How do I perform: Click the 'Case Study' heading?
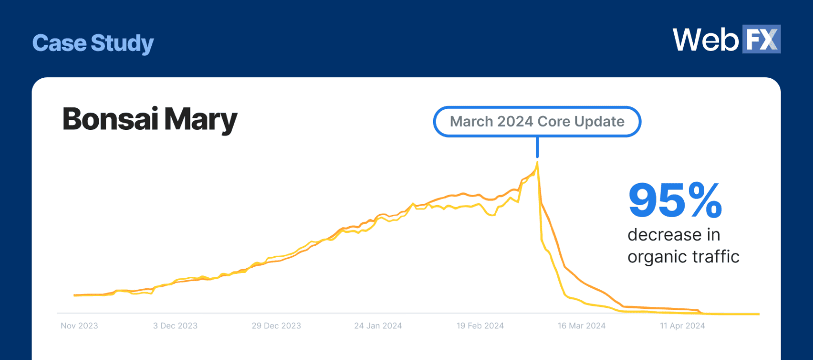[93, 43]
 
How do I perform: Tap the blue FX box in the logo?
[761, 39]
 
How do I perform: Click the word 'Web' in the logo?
[705, 40]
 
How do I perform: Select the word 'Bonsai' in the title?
[110, 119]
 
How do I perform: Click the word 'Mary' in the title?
[200, 120]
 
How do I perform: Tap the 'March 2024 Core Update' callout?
[537, 121]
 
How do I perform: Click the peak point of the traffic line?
[537, 162]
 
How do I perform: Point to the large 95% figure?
[675, 201]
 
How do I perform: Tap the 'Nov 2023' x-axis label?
[79, 326]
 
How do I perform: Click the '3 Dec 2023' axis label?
[175, 326]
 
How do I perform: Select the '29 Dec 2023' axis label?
[276, 326]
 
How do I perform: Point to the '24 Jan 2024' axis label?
[378, 326]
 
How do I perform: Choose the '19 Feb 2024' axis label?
[480, 326]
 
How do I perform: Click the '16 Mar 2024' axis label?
[581, 326]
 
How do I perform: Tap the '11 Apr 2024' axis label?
[682, 326]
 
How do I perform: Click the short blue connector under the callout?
[537, 147]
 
